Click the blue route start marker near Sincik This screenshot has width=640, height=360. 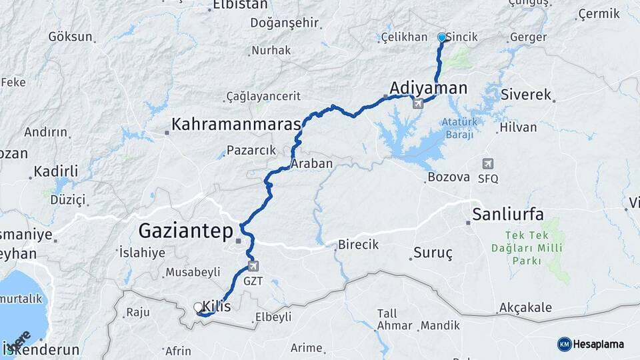click(441, 37)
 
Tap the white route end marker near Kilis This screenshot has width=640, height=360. click(198, 307)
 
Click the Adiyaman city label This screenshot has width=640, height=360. click(428, 87)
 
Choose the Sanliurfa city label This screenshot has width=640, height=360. click(508, 214)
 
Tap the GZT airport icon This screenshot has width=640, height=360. click(253, 267)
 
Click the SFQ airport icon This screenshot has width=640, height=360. click(488, 164)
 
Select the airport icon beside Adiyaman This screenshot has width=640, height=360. click(417, 103)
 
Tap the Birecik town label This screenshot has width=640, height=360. click(358, 245)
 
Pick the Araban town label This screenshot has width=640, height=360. click(312, 163)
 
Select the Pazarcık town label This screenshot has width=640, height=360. click(251, 150)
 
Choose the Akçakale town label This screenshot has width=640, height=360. click(525, 307)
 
